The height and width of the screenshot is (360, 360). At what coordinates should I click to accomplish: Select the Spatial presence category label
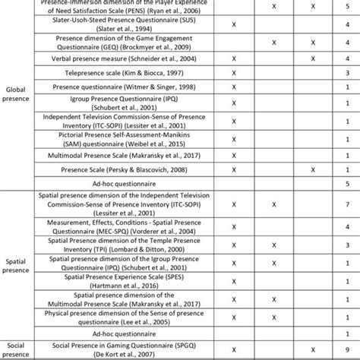[16, 264]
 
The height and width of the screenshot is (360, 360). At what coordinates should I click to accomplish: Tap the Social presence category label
[16, 349]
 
